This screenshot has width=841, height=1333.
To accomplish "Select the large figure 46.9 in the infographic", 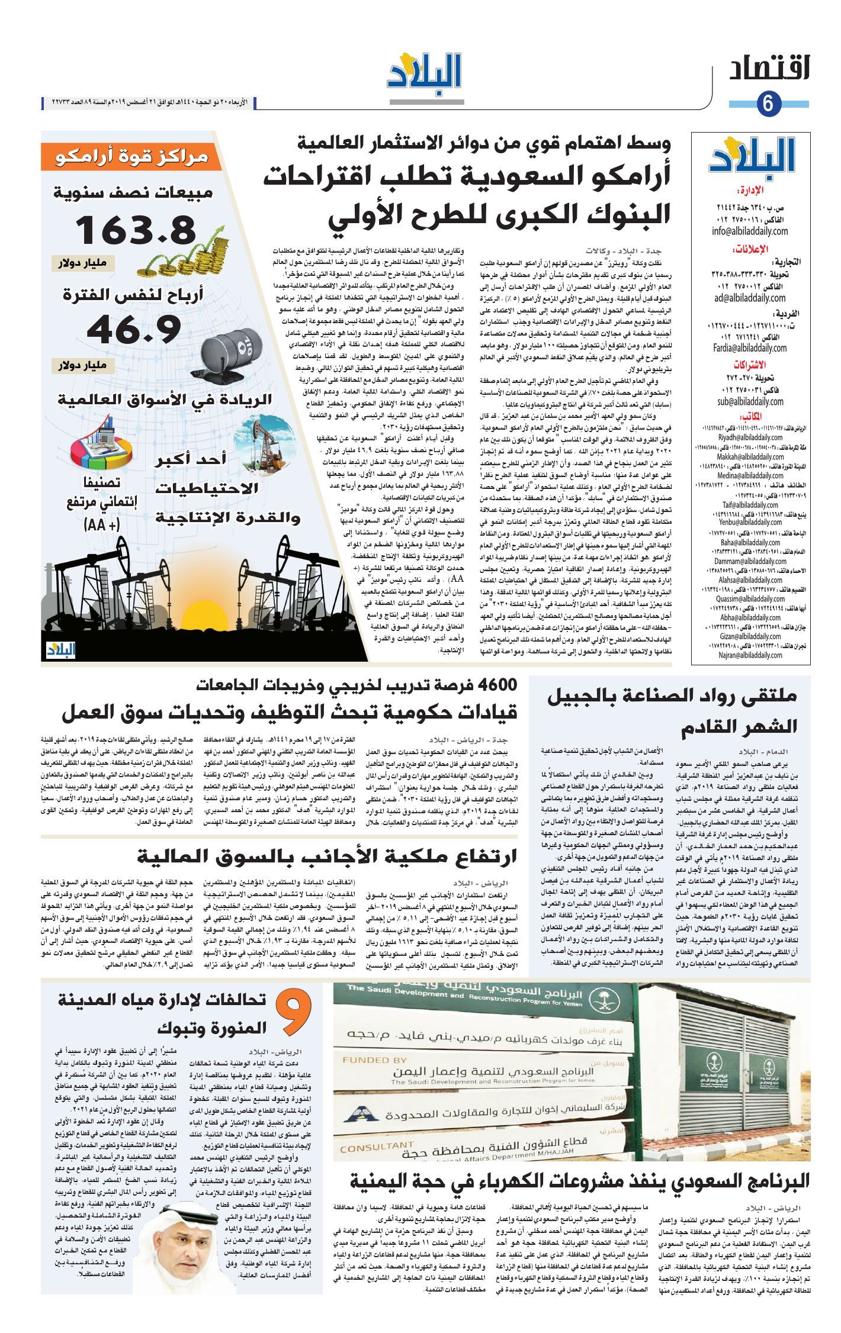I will (x=133, y=330).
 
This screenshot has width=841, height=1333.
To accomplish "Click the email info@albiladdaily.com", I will (x=749, y=231).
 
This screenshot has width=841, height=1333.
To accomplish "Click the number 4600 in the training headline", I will (x=492, y=685).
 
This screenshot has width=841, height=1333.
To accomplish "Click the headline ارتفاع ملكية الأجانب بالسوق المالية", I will (x=327, y=857).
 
